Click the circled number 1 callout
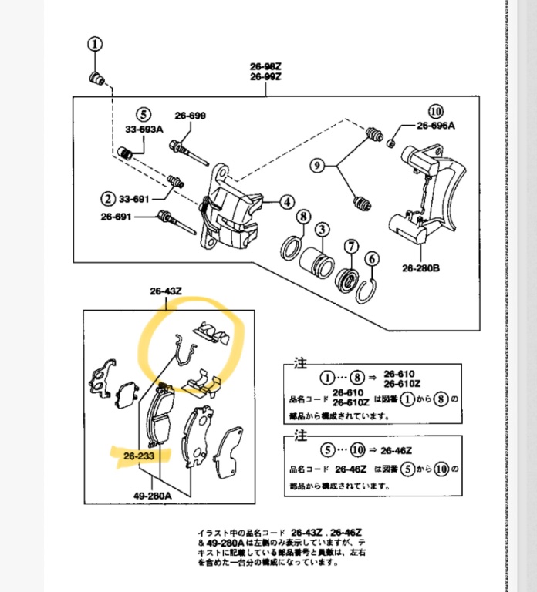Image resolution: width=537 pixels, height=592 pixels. click(94, 45)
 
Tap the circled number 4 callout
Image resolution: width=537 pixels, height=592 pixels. click(287, 203)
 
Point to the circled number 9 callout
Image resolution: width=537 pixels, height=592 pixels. click(316, 165)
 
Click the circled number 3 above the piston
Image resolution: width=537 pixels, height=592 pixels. click(321, 229)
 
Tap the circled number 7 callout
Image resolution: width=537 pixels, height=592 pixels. click(351, 247)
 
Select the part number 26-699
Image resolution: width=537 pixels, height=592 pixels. click(190, 116)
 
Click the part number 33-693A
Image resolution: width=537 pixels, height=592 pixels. click(144, 129)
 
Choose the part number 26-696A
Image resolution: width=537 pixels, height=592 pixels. click(437, 126)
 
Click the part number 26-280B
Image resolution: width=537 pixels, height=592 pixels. click(420, 270)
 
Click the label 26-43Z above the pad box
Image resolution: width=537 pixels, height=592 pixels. click(165, 291)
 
